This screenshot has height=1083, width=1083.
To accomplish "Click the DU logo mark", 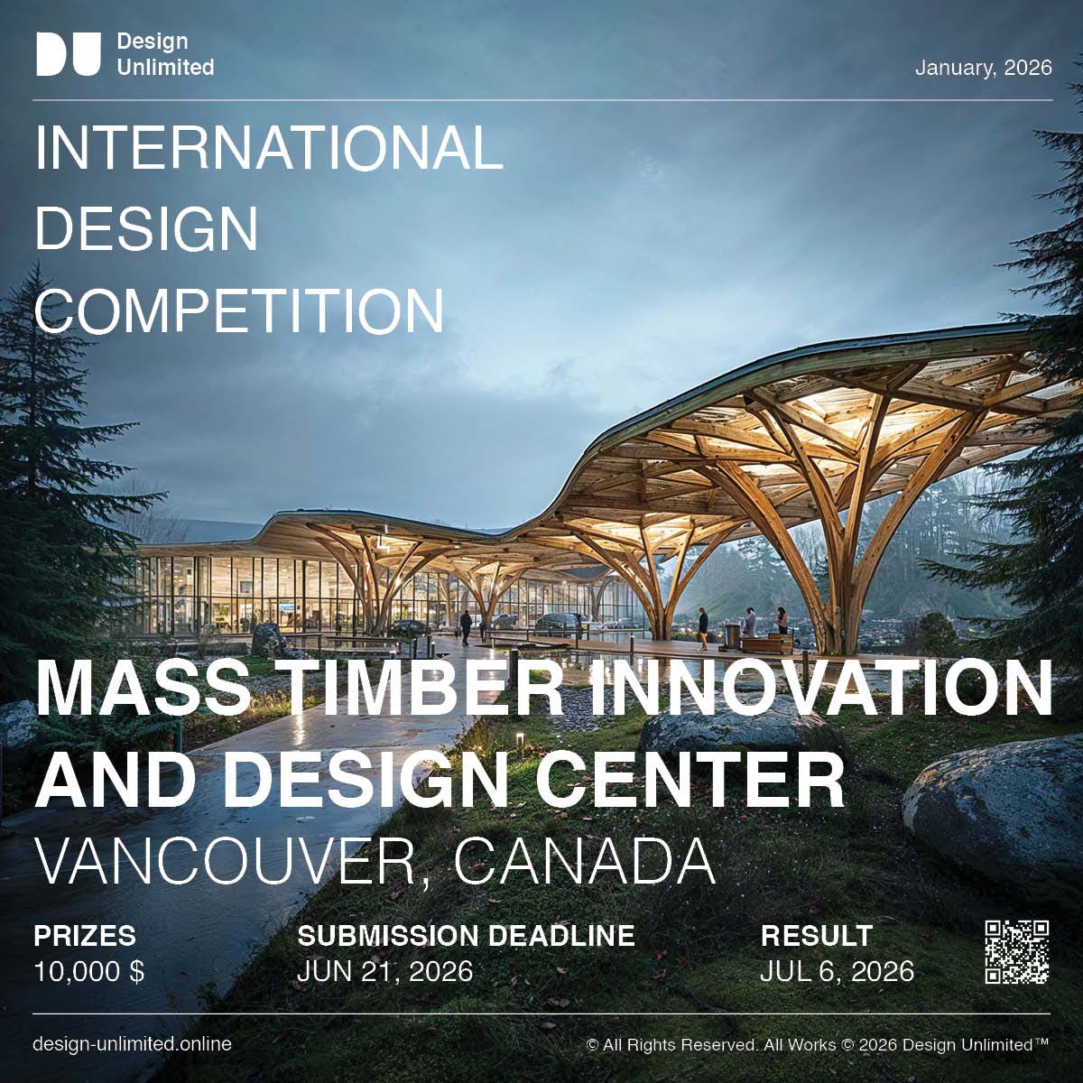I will [68, 54].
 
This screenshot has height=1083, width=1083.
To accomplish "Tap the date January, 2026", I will [983, 69].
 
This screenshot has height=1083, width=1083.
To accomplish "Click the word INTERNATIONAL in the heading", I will [269, 148].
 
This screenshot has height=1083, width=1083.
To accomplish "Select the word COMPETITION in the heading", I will [239, 311].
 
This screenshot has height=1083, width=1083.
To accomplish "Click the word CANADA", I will [584, 863].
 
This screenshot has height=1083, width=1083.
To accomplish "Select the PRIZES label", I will [85, 935].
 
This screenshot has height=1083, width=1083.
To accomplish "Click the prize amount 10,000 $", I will [88, 971].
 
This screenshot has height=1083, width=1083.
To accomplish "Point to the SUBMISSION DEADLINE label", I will [466, 935].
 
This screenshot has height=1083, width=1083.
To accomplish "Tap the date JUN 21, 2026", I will [385, 971].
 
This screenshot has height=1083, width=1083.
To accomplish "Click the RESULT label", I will [817, 935].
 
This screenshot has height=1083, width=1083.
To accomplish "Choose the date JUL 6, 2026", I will [837, 971].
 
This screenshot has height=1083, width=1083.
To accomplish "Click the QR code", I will [1017, 951].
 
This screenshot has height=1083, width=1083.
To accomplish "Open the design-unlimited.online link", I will [132, 1044].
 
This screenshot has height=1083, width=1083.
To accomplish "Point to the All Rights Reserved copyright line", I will [818, 1045].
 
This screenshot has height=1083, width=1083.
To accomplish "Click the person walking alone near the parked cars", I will [466, 625].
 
